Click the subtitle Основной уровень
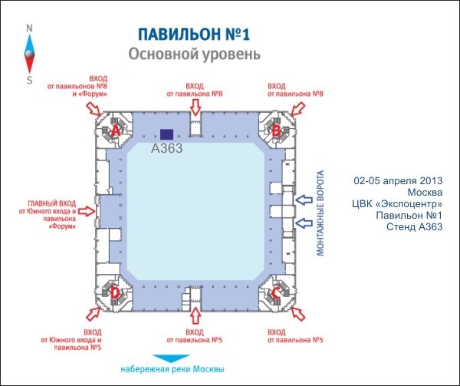[194, 54]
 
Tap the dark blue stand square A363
[166, 134]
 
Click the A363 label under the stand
[166, 148]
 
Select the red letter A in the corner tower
[116, 130]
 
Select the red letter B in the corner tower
[275, 130]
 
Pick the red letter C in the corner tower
[275, 292]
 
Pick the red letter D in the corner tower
[115, 292]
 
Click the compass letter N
[29, 28]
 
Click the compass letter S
[29, 80]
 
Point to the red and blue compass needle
[29, 54]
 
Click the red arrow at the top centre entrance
[195, 105]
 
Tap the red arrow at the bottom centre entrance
[195, 315]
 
